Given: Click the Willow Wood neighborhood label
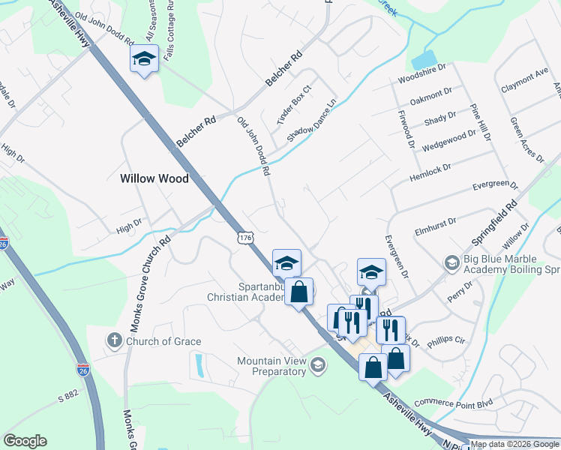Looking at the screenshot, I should [x=154, y=178].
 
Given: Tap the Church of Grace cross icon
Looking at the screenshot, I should [x=114, y=341].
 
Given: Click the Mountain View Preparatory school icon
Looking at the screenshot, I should [x=317, y=365].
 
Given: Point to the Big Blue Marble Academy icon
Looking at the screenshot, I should [x=451, y=262].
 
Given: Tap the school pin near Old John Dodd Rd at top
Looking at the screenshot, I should [x=143, y=59].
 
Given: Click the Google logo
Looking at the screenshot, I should [x=25, y=441].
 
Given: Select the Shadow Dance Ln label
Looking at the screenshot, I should [x=313, y=119].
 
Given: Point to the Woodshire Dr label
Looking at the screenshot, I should [x=422, y=78].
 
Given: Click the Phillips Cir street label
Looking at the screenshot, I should [x=446, y=341].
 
